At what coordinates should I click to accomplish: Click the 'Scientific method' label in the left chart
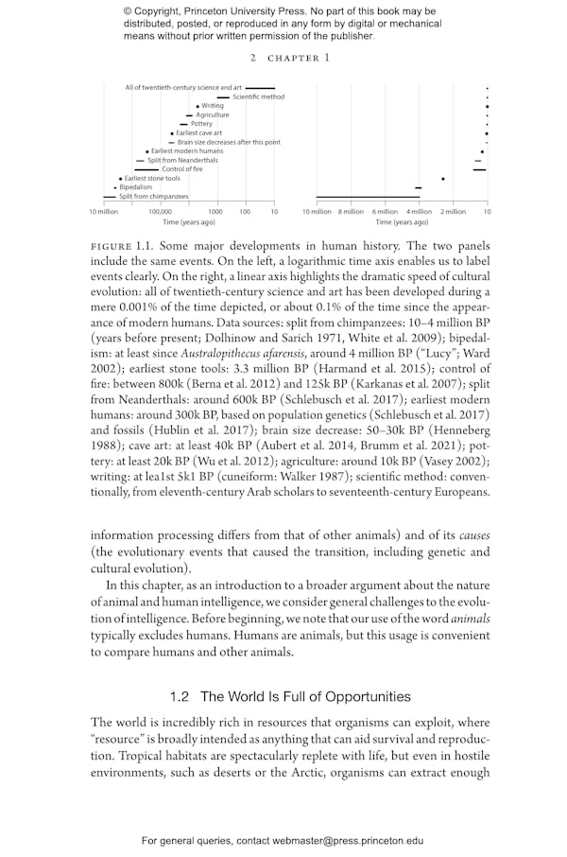pyautogui.click(x=258, y=96)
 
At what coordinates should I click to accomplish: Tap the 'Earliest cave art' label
pyautogui.click(x=198, y=133)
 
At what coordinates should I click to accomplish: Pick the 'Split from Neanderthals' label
pyautogui.click(x=182, y=160)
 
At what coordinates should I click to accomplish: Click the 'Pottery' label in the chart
pyautogui.click(x=201, y=124)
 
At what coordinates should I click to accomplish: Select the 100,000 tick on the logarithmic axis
pyautogui.click(x=160, y=212)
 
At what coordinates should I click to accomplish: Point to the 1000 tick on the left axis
pyautogui.click(x=215, y=212)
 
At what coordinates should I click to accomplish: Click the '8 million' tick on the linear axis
pyautogui.click(x=351, y=212)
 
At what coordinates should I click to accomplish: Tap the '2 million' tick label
pyautogui.click(x=454, y=212)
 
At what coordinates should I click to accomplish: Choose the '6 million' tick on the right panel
pyautogui.click(x=385, y=212)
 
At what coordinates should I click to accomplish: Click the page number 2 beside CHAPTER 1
pyautogui.click(x=253, y=58)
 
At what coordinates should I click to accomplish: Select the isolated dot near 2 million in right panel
pyautogui.click(x=442, y=179)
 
